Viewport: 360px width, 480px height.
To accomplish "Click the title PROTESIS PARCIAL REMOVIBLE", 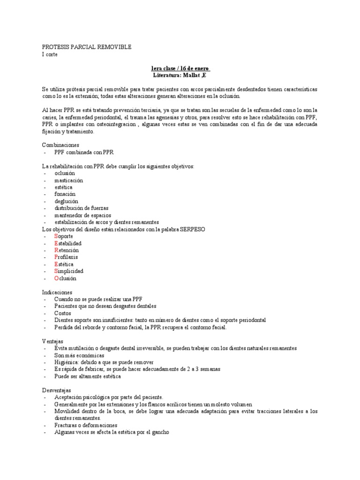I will pyautogui.click(x=87, y=47).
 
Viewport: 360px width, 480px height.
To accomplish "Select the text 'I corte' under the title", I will pyautogui.click(x=50, y=54).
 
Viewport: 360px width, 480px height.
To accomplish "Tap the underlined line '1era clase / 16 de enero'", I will pyautogui.click(x=180, y=68).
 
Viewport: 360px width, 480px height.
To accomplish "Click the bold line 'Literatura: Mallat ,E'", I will pyautogui.click(x=180, y=75).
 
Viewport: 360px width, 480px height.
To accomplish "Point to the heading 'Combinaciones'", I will pyautogui.click(x=60, y=145).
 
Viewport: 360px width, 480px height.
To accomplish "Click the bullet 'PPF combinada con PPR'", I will pyautogui.click(x=84, y=152).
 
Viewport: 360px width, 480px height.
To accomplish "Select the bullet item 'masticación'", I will pyautogui.click(x=68, y=180).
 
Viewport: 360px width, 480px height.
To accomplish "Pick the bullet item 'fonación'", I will pyautogui.click(x=65, y=194).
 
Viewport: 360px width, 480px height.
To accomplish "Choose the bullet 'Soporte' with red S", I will pyautogui.click(x=63, y=236).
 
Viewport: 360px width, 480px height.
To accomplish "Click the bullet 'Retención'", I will pyautogui.click(x=66, y=250).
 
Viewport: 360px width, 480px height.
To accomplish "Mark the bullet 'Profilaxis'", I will pyautogui.click(x=66, y=257).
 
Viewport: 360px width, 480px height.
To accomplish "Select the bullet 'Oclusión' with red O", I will pyautogui.click(x=65, y=278).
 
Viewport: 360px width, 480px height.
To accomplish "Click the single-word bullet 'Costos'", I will pyautogui.click(x=63, y=313).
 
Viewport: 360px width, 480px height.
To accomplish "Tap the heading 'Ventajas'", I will pyautogui.click(x=53, y=341).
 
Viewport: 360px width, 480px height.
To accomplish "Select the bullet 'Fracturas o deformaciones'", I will pyautogui.click(x=86, y=425).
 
